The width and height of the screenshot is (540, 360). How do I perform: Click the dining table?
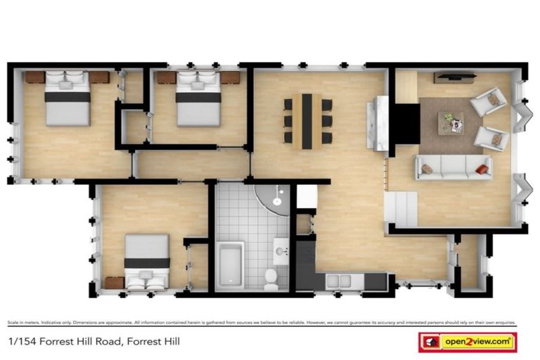point(307,121)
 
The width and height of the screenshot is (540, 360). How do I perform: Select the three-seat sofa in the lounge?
point(454,167)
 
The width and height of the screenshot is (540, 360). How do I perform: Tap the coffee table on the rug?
point(451,122)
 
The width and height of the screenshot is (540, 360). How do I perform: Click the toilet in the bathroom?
point(271,279)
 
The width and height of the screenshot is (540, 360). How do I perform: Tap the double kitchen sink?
point(340,281)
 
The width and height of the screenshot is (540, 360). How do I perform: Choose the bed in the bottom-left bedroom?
point(147,262)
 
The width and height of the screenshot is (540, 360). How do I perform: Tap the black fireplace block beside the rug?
point(404,122)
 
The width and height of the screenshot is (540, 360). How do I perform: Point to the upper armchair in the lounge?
point(490,101)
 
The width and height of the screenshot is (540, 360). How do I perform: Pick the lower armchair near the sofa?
point(490,138)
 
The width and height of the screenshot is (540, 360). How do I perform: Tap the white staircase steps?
point(401,209)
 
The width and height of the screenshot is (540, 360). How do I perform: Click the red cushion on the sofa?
point(482,169)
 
